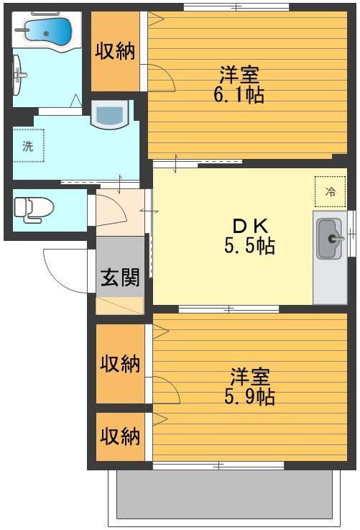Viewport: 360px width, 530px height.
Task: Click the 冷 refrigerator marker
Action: tap(331, 191)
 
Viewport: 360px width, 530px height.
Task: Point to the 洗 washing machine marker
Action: tap(28, 147)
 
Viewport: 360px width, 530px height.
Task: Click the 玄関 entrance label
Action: tap(120, 277)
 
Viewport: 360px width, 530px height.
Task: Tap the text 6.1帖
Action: tap(239, 95)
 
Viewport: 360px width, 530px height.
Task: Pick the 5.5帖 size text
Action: tap(249, 247)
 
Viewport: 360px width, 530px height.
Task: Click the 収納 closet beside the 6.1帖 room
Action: tap(116, 52)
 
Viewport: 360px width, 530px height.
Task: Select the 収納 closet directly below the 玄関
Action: tap(120, 363)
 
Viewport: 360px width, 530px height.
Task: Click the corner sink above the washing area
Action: tap(110, 115)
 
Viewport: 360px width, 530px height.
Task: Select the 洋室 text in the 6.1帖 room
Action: tap(239, 74)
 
